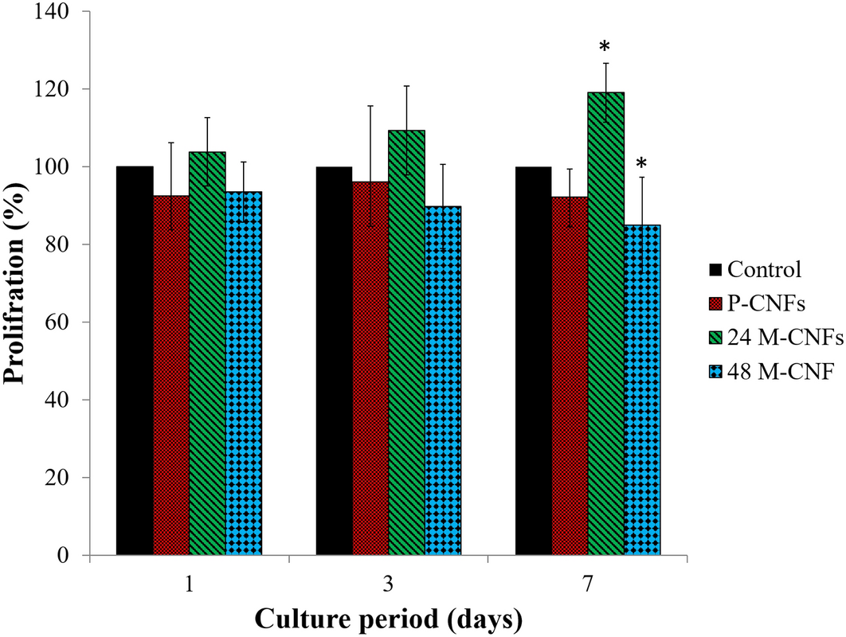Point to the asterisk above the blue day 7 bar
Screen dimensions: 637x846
pos(641,166)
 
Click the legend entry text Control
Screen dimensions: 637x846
pos(762,270)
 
